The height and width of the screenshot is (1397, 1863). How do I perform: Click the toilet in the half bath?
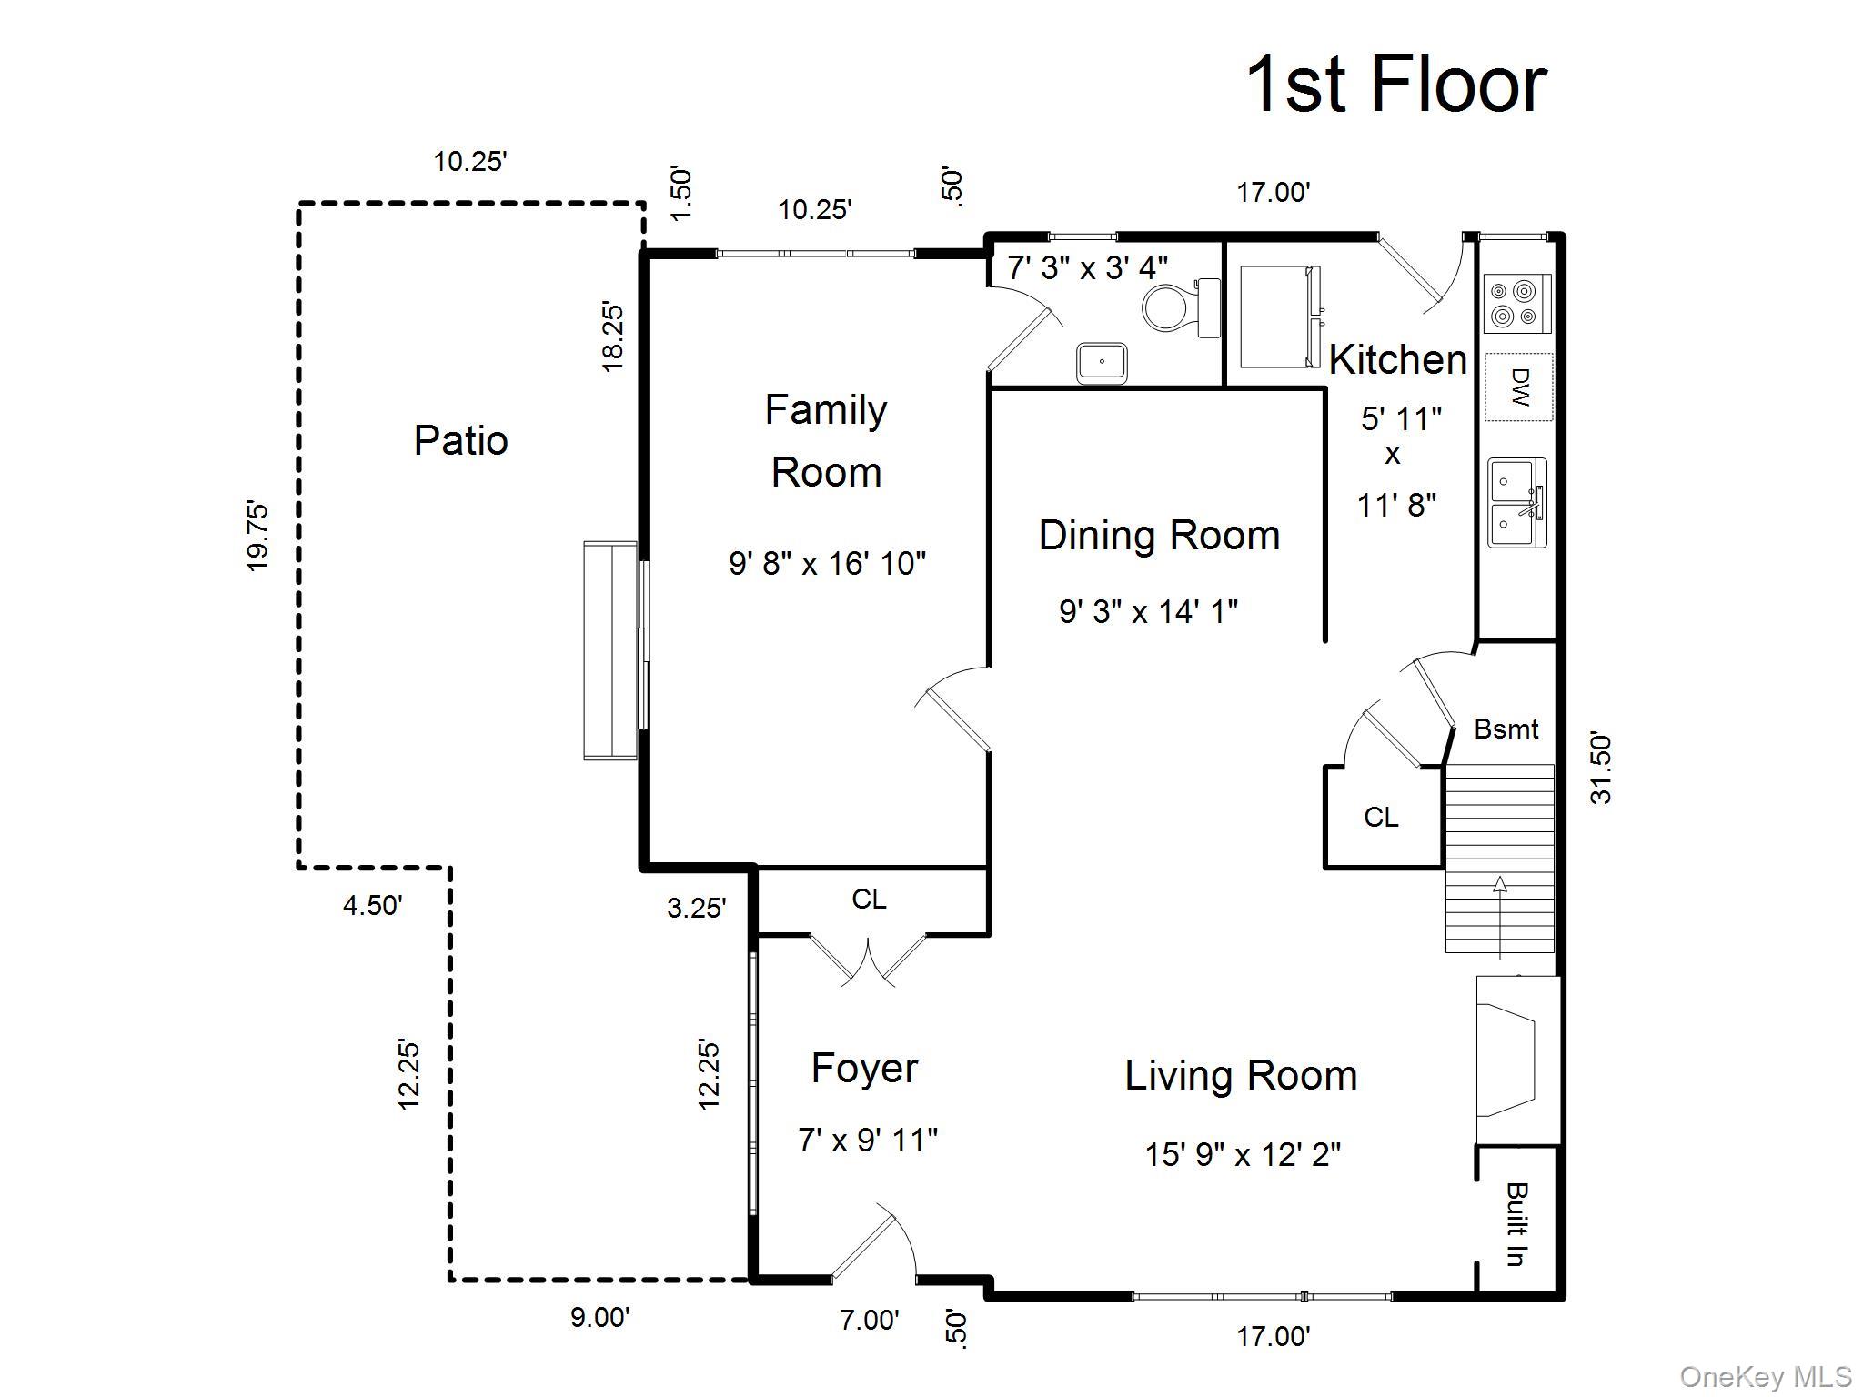click(1181, 307)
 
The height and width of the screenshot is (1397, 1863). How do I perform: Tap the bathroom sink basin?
click(1102, 363)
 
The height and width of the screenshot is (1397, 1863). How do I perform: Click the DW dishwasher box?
click(1518, 387)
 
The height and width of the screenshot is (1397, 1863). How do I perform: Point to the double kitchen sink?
click(1517, 503)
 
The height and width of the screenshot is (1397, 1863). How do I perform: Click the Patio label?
click(460, 440)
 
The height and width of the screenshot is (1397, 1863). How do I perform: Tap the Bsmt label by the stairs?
click(1506, 729)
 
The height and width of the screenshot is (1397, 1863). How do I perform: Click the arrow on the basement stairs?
click(1499, 918)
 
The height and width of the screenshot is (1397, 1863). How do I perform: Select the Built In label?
click(1516, 1223)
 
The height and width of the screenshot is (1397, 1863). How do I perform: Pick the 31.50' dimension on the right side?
click(1601, 769)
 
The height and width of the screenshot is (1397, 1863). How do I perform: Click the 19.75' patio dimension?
click(257, 536)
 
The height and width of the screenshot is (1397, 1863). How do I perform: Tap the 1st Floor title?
click(1395, 84)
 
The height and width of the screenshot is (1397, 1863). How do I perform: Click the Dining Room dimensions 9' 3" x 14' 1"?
click(1148, 611)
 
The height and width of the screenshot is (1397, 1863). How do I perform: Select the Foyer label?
click(864, 1068)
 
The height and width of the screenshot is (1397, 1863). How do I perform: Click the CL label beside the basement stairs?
click(1381, 817)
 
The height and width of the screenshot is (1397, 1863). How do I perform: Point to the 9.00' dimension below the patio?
click(599, 1317)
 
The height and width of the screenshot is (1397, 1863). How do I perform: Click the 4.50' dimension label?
click(373, 905)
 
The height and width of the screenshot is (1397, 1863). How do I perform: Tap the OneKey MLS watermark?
click(1765, 1377)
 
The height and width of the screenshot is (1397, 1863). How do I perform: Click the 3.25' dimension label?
click(697, 907)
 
